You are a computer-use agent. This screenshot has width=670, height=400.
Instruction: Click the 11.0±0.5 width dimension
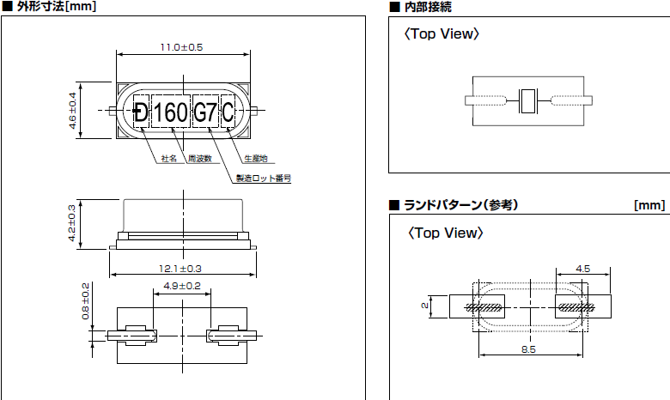(182, 47)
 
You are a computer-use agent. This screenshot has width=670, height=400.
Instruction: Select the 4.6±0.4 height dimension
(74, 111)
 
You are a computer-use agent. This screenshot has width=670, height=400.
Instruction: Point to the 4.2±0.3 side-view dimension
(72, 223)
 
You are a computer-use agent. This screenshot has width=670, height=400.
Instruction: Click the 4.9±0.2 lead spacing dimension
(181, 286)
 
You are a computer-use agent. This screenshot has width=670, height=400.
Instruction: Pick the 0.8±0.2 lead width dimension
(85, 300)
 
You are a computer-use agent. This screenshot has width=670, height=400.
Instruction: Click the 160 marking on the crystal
(170, 112)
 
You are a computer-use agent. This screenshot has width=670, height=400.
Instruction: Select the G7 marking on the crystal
(205, 112)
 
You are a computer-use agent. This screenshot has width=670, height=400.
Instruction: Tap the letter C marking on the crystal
(228, 112)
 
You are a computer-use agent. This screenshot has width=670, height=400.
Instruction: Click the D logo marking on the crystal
(140, 112)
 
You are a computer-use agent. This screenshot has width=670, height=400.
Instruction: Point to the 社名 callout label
(168, 159)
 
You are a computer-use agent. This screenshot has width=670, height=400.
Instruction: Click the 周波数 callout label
(199, 159)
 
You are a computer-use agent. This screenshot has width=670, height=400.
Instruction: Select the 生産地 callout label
(255, 159)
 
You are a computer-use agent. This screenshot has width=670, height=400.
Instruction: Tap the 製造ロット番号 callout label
(263, 179)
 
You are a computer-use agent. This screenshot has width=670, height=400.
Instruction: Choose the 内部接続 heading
(427, 7)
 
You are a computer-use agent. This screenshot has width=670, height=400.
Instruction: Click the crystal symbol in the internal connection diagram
(527, 101)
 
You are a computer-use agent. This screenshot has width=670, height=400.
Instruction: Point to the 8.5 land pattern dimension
(528, 350)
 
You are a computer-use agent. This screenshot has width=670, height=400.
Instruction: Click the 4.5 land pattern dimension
(582, 269)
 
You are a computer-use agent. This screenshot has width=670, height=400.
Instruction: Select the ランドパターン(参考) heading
(460, 205)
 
